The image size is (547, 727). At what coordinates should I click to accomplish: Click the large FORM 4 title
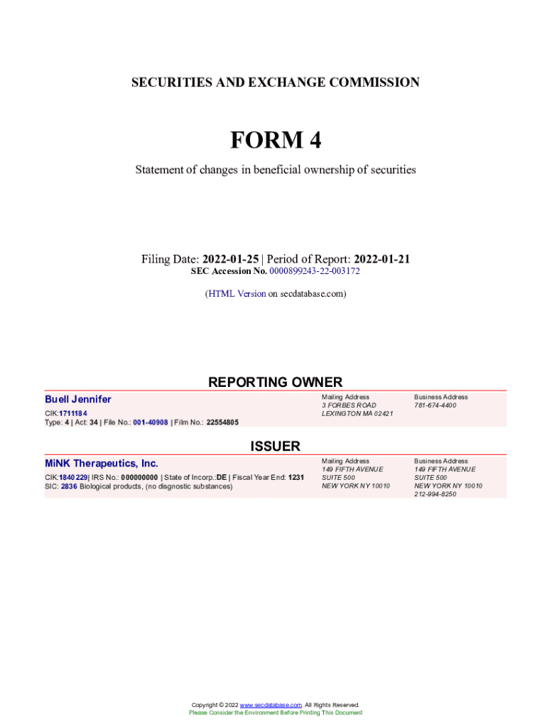click(x=275, y=141)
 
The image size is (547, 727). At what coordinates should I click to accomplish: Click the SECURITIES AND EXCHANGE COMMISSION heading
click(x=275, y=82)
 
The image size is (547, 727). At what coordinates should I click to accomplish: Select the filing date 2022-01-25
click(x=231, y=259)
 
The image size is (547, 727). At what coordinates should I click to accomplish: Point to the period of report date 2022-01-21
click(x=381, y=259)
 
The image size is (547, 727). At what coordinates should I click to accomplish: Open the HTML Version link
click(x=237, y=293)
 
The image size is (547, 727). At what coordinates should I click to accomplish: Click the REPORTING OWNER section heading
click(x=275, y=382)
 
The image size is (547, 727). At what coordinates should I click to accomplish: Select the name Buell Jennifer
click(x=78, y=399)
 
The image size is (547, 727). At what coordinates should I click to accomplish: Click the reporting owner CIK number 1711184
click(x=73, y=413)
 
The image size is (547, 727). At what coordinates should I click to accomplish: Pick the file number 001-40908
click(x=150, y=422)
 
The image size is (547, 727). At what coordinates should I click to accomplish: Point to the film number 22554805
click(x=222, y=422)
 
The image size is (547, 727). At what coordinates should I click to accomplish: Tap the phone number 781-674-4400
click(x=435, y=405)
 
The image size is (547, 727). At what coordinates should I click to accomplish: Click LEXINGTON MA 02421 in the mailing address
click(x=357, y=413)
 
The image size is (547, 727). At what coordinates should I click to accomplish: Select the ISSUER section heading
click(x=275, y=446)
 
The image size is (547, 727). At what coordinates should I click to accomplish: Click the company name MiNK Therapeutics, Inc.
click(x=102, y=464)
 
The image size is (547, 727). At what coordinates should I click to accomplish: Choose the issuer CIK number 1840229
click(x=73, y=478)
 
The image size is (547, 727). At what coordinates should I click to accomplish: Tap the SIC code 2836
click(x=69, y=486)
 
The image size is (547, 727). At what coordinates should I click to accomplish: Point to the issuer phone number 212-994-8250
click(x=435, y=494)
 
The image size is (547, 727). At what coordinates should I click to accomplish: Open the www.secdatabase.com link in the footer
click(x=271, y=705)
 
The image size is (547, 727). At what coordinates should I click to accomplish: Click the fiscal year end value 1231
click(x=296, y=478)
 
